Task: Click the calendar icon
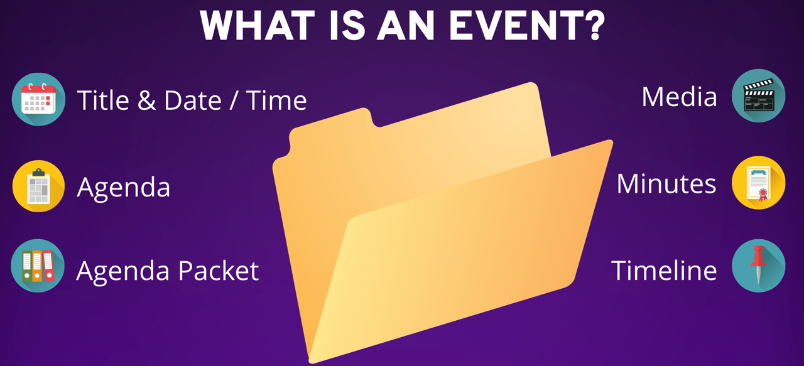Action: tap(38, 99)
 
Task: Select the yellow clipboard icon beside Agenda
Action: tap(38, 186)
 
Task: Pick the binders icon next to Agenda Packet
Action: tap(38, 266)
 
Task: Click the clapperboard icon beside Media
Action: tap(759, 96)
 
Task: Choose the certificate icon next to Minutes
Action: tap(759, 183)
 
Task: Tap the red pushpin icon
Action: tap(759, 266)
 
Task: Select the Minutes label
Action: tap(666, 183)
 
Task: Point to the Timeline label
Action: tap(664, 270)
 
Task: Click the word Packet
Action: tap(218, 271)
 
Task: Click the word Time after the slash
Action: tap(276, 100)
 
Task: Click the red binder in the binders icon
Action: tap(48, 265)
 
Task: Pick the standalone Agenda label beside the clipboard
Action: tap(124, 188)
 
